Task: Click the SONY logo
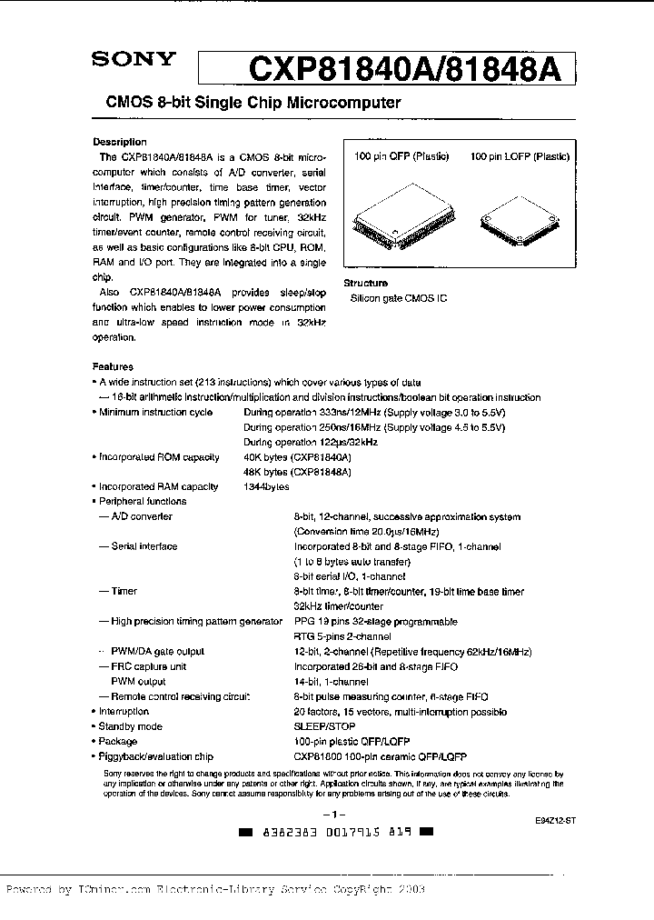tap(133, 60)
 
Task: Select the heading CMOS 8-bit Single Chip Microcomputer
tap(247, 103)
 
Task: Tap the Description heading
tap(120, 142)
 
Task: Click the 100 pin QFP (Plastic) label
tap(401, 156)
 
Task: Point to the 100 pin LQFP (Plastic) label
tap(520, 156)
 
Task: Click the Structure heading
tap(366, 284)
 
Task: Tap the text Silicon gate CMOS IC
tap(399, 298)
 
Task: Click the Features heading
tap(114, 367)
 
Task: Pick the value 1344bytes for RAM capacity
tap(266, 486)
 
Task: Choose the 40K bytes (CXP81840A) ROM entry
tap(297, 456)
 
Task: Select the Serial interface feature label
tap(144, 546)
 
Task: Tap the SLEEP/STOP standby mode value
tap(324, 726)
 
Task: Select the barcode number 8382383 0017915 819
tap(329, 832)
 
